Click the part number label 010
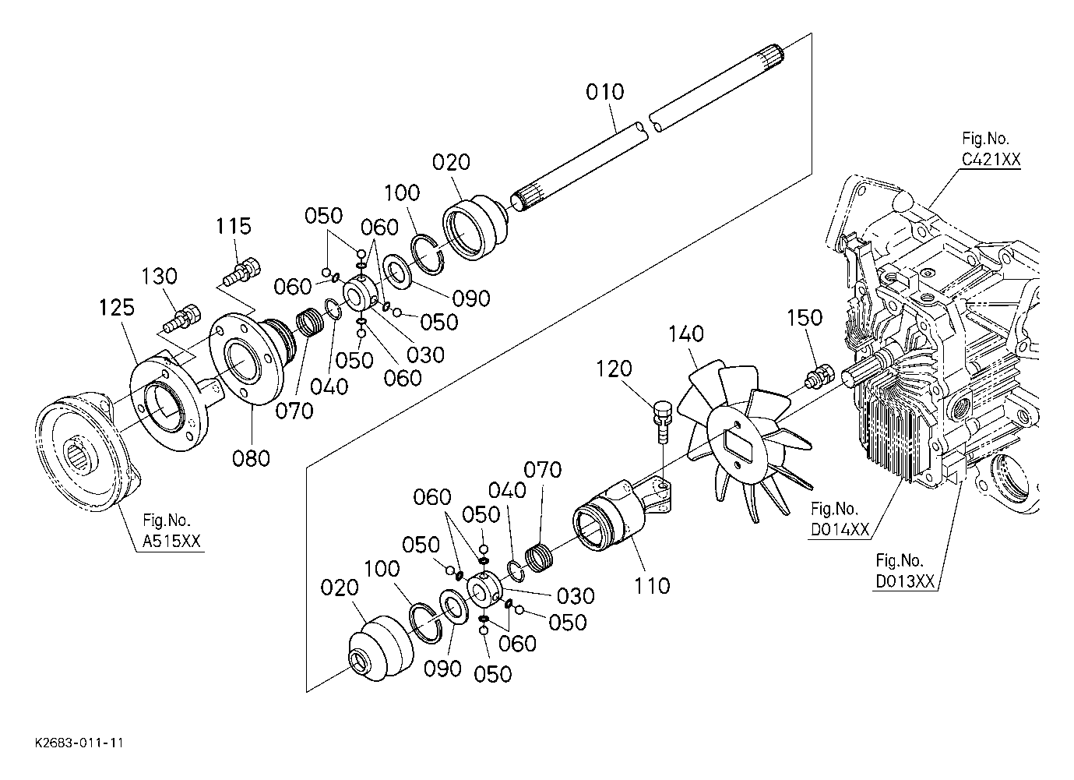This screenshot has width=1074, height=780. (605, 92)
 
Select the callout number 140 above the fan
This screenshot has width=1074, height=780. (686, 334)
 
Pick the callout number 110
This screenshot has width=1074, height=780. (653, 584)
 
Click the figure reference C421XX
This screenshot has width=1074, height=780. (990, 159)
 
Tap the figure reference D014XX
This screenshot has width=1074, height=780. (840, 530)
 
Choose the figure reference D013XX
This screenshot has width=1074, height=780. (905, 581)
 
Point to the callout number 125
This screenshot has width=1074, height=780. (117, 308)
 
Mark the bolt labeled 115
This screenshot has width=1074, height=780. (240, 273)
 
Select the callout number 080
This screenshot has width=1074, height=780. (251, 457)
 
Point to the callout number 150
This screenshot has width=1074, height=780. (805, 318)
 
